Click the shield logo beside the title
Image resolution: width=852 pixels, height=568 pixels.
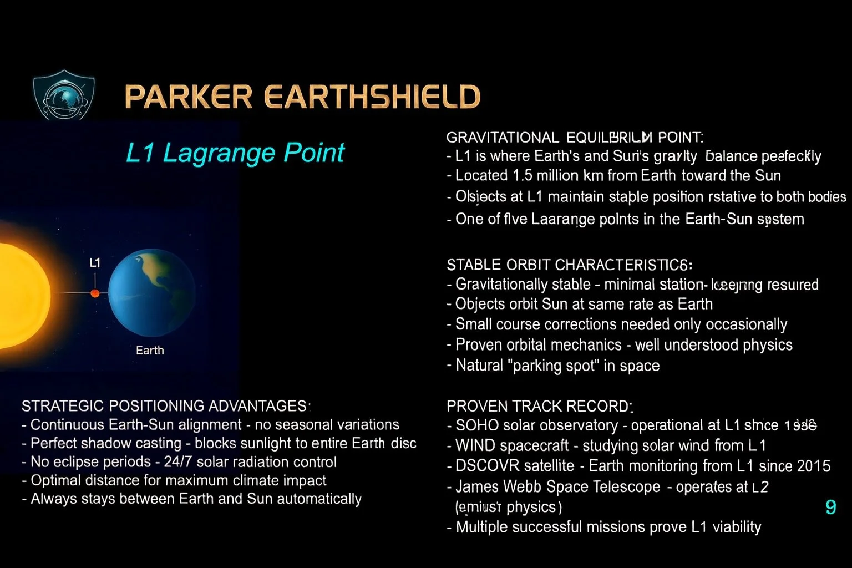coord(64,95)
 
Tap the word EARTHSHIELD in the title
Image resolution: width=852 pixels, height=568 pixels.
coord(372,97)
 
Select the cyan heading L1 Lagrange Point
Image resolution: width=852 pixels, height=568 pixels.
coord(235,153)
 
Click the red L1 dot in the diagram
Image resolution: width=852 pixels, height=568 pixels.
coord(95,293)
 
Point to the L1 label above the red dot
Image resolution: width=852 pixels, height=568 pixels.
coord(95,263)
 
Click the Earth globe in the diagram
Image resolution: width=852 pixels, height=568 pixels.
coord(151,293)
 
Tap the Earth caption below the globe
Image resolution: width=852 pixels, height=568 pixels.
coord(150,351)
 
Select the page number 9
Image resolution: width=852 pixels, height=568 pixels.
coord(830,507)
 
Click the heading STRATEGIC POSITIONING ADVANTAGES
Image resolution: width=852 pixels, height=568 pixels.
coord(164,406)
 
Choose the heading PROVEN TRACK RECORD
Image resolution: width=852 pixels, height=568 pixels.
coord(539,407)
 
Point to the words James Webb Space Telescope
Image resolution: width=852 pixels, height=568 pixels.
coord(557,487)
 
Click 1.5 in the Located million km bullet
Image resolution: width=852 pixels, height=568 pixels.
coord(523,176)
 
